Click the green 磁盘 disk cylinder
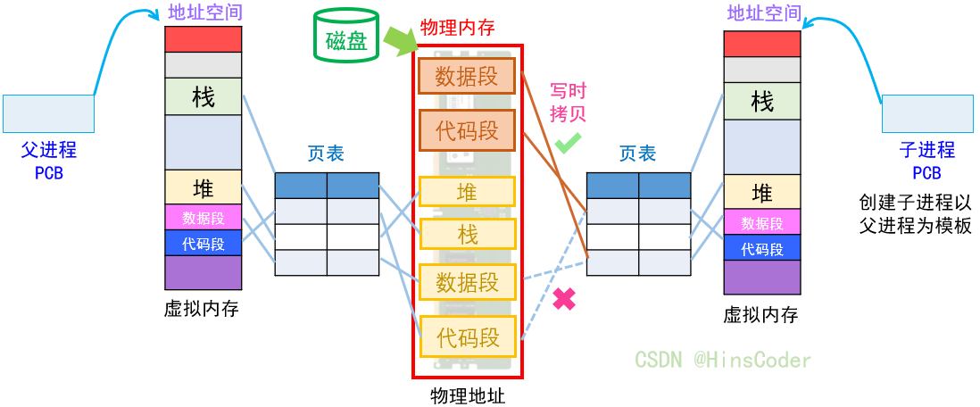tap(346, 36)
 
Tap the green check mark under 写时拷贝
tap(568, 142)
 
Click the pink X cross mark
tap(564, 299)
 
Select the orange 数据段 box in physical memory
tap(467, 76)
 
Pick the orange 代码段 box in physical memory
tap(467, 130)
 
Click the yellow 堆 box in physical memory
tap(467, 193)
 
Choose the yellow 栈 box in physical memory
tap(467, 234)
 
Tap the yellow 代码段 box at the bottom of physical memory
tap(467, 337)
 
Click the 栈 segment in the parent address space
tap(203, 96)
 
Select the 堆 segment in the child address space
tap(761, 192)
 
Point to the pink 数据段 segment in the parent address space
tap(203, 217)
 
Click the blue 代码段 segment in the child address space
tap(761, 249)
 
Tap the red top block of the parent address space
tap(203, 39)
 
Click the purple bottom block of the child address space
tap(761, 278)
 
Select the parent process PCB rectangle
tap(49, 113)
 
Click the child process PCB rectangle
tap(926, 114)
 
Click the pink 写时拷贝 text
tap(568, 102)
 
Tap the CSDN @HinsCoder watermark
tap(723, 360)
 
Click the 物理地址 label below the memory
tap(467, 395)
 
